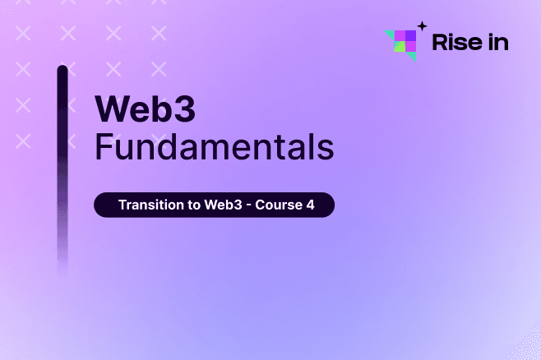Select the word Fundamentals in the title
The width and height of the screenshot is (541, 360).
pos(214,148)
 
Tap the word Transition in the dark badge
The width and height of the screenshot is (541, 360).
pos(150,205)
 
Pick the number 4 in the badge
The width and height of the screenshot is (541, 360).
pos(310,205)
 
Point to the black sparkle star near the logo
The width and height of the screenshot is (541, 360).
pos(422,25)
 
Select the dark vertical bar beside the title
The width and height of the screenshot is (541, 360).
pos(62,164)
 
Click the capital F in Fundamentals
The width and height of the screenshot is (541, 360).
pos(103,148)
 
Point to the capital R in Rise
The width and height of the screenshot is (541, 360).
pos(440,42)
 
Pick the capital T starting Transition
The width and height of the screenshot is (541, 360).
pos(123,205)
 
